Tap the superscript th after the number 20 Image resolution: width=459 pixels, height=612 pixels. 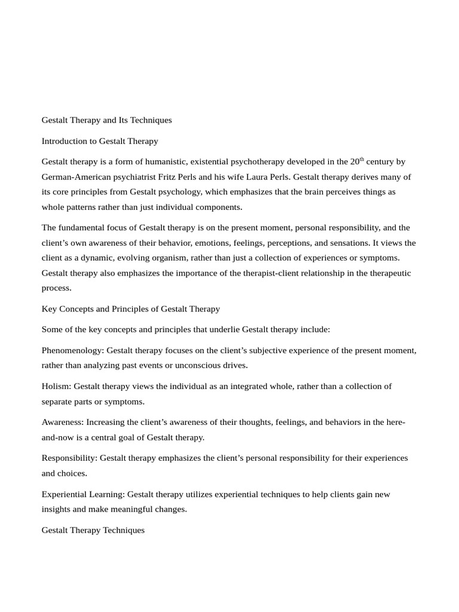[x=362, y=160]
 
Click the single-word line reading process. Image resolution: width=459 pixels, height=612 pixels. [x=56, y=287]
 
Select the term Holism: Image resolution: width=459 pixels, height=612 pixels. [x=56, y=386]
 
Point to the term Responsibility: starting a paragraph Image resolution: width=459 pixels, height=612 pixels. [x=69, y=458]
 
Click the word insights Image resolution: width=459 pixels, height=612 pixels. [x=56, y=509]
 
